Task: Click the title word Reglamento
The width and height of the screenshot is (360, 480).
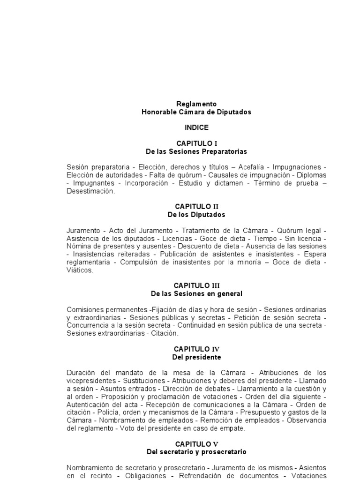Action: (196, 104)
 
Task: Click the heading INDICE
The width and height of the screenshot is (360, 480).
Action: (196, 127)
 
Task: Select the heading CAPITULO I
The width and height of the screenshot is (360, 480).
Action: (196, 143)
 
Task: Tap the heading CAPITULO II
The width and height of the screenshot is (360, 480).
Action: (196, 206)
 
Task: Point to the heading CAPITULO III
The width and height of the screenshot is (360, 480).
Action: (196, 285)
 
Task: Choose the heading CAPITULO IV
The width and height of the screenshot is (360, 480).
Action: (196, 349)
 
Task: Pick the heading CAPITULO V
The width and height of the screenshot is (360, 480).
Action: (196, 444)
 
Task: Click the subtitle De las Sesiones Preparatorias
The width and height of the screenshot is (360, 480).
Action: (196, 151)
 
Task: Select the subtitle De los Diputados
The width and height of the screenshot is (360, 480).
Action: (196, 215)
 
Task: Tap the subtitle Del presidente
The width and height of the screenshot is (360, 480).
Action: (196, 357)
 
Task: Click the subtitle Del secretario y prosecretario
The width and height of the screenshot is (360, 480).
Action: (196, 452)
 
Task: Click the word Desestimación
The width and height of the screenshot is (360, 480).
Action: (90, 191)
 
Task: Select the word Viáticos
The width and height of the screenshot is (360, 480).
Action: (80, 270)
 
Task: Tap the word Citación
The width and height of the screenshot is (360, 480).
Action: (165, 334)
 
